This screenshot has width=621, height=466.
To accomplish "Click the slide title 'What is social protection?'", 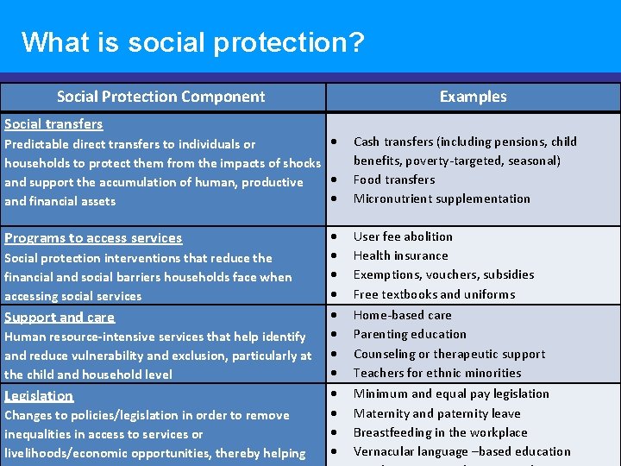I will click(x=193, y=41).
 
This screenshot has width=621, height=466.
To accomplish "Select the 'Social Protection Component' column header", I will click(x=161, y=97).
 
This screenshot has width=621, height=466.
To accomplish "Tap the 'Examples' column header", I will click(x=473, y=97).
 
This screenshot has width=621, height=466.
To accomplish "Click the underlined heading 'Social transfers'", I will click(x=53, y=124).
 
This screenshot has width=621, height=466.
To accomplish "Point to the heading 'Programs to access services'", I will click(x=93, y=238).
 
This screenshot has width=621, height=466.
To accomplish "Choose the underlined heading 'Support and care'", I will click(x=60, y=317).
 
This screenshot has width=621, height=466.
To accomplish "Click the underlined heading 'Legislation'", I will click(x=39, y=396).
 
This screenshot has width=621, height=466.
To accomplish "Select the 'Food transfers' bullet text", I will click(x=394, y=179).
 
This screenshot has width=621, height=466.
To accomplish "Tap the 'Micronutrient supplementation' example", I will click(x=442, y=198).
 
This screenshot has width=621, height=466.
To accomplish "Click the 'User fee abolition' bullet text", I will click(x=403, y=236).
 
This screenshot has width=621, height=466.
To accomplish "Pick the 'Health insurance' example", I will click(x=401, y=255).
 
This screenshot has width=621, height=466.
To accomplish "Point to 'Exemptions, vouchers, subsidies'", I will click(x=443, y=274).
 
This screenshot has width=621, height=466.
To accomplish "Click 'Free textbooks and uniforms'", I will click(x=434, y=294).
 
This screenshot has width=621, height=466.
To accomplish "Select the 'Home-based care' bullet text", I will click(x=403, y=315).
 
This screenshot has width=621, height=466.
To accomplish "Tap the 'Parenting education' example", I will click(x=410, y=334).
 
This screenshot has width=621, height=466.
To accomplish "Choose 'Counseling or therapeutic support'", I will click(x=449, y=354).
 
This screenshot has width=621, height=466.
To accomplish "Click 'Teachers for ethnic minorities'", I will click(x=437, y=373).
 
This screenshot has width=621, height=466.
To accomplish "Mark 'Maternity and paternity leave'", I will click(x=437, y=413).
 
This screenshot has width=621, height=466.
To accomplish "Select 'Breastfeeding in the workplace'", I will click(x=440, y=432).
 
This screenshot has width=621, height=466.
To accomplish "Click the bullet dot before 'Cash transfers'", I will click(x=333, y=142).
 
